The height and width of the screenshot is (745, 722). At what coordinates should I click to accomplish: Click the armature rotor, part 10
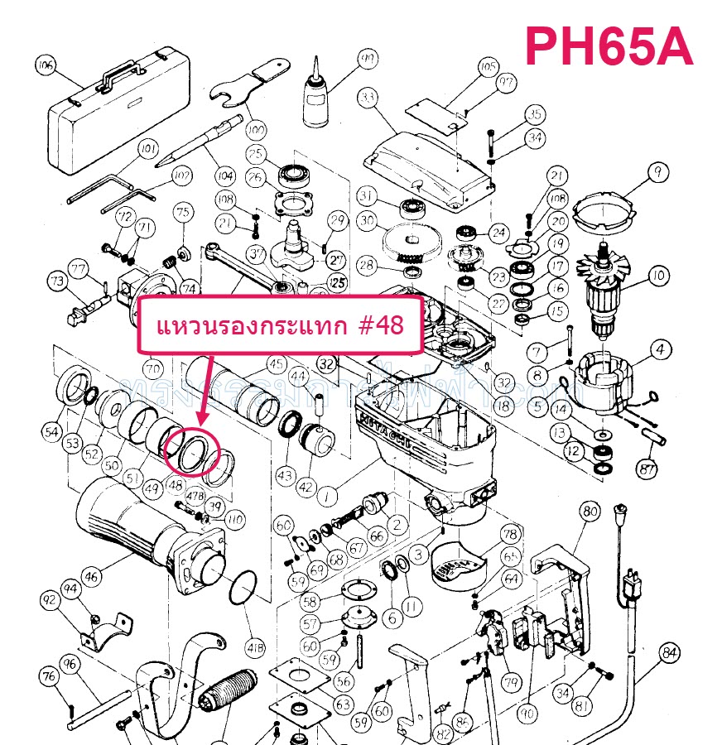[609, 286]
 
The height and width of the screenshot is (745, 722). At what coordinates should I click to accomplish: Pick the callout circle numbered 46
[92, 576]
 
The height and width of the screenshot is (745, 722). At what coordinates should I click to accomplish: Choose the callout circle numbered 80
[590, 512]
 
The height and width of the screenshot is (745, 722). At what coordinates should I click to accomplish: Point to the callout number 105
[488, 66]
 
